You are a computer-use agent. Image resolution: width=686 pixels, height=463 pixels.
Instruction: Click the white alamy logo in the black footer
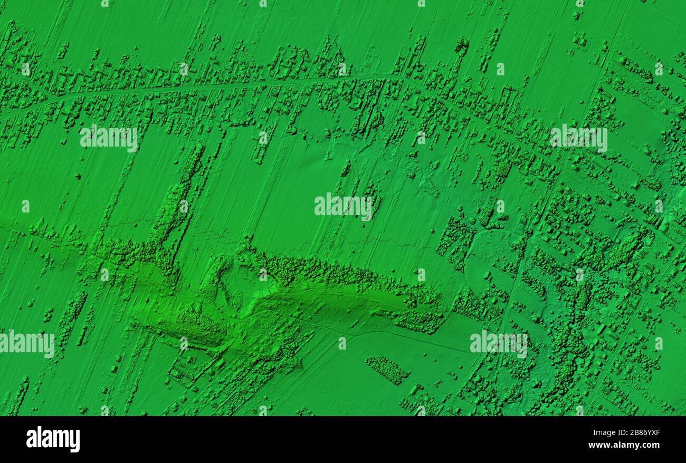click(53, 439)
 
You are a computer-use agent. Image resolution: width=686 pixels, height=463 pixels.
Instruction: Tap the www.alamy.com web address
click(624, 445)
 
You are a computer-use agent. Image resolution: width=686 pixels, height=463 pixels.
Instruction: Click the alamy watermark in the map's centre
click(343, 206)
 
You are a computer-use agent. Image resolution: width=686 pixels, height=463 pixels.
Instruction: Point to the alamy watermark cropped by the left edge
click(26, 343)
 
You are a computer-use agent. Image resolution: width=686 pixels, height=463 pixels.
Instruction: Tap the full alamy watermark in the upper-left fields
click(109, 138)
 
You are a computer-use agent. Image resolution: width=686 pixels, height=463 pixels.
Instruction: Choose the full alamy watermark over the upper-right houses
click(578, 138)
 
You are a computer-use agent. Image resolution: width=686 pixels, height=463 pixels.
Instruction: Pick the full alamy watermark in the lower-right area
click(499, 343)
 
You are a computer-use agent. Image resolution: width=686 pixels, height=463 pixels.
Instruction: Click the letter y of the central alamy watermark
click(367, 207)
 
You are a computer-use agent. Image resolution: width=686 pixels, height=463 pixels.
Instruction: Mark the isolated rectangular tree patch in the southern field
click(388, 369)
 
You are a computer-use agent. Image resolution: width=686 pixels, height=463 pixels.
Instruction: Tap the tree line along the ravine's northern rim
click(338, 274)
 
